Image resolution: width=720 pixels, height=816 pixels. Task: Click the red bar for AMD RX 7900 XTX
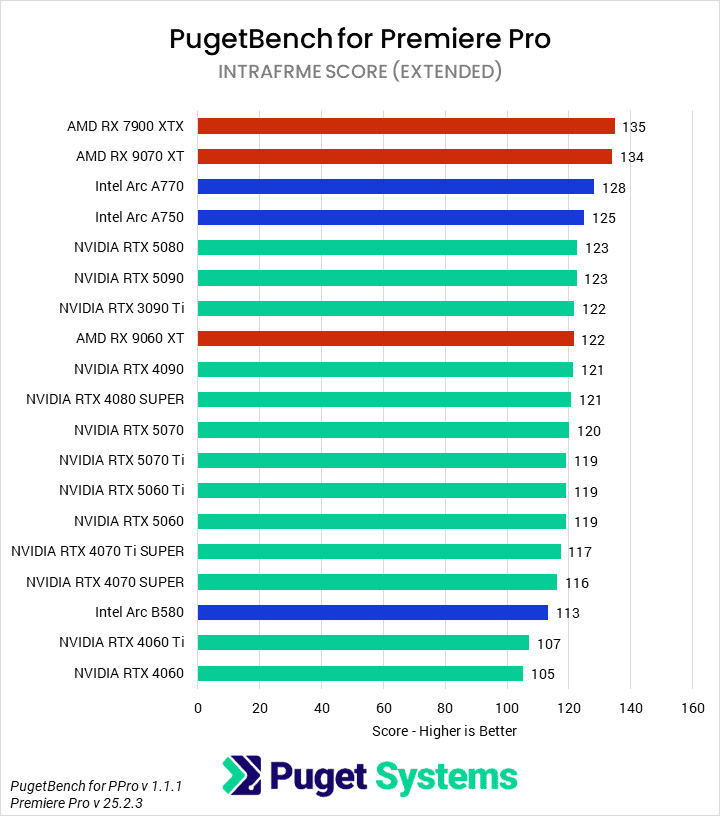click(406, 126)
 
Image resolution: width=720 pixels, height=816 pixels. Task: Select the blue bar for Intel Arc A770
click(396, 187)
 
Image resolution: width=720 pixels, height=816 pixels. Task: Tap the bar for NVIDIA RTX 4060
click(360, 673)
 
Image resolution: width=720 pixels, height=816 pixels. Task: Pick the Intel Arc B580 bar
click(373, 612)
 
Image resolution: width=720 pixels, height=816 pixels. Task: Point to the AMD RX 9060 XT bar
click(386, 339)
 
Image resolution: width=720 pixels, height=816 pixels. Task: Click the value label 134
click(631, 157)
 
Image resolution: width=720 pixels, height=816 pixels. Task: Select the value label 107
click(549, 643)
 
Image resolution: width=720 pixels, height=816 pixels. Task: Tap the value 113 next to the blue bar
click(567, 613)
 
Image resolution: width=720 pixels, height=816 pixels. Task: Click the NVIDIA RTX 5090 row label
click(129, 278)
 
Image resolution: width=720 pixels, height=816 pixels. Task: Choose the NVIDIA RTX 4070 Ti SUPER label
click(98, 551)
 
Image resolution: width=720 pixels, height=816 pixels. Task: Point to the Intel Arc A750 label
click(139, 217)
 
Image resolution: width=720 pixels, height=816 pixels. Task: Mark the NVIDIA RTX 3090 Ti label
click(121, 308)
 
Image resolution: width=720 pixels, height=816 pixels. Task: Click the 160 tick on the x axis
click(692, 708)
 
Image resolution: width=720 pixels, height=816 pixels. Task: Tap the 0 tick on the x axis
click(198, 708)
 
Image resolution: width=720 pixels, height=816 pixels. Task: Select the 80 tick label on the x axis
click(445, 708)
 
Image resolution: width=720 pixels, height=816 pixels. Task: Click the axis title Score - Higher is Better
click(444, 731)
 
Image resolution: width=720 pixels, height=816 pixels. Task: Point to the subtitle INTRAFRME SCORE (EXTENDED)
click(360, 72)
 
